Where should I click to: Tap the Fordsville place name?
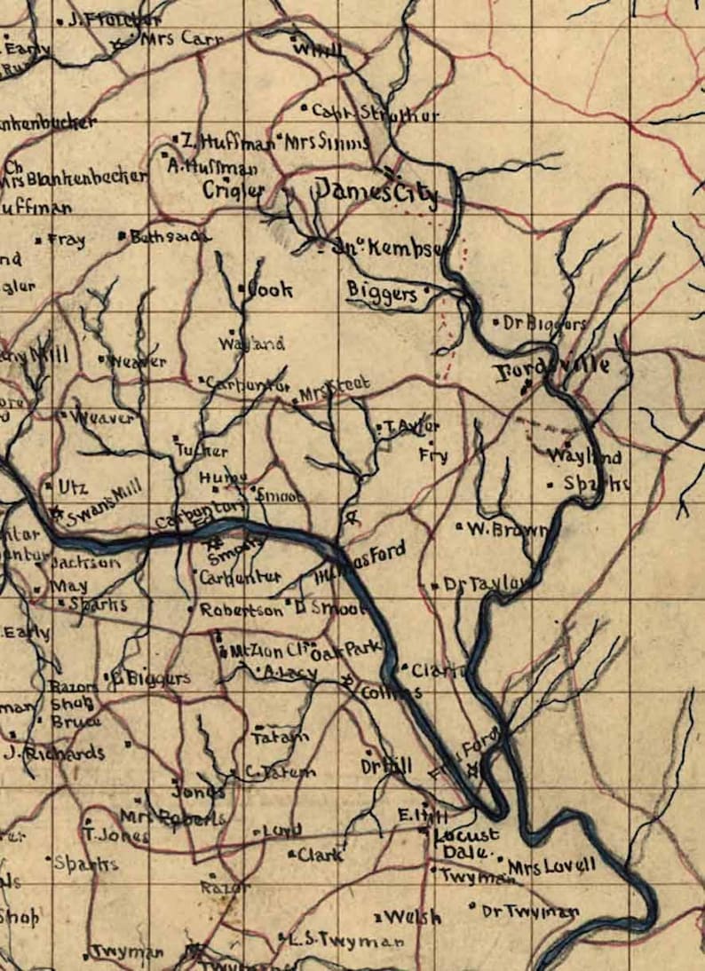(551, 368)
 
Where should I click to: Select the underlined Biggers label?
(382, 292)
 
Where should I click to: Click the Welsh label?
(414, 917)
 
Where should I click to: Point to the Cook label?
(270, 289)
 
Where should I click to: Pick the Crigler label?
(234, 190)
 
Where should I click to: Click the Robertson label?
(241, 611)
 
